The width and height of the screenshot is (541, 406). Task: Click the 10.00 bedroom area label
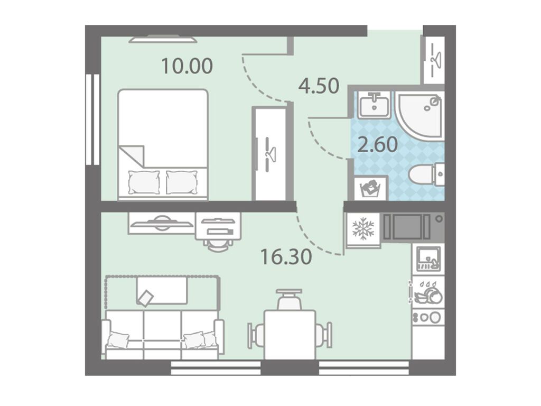(x=187, y=66)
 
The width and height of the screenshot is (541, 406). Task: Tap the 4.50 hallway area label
(x=319, y=86)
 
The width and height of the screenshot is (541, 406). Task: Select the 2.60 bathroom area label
(x=377, y=145)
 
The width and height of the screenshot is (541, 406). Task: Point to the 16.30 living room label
(x=286, y=256)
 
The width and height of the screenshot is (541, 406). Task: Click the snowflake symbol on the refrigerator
(x=363, y=228)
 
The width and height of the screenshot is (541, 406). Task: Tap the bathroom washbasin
(x=375, y=104)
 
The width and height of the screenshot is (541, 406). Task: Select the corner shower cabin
(x=419, y=114)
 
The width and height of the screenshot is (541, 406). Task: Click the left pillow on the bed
(x=144, y=182)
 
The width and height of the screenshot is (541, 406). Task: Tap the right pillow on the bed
(x=182, y=182)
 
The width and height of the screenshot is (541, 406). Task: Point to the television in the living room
(x=162, y=224)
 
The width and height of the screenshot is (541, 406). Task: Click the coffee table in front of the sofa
(x=162, y=291)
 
